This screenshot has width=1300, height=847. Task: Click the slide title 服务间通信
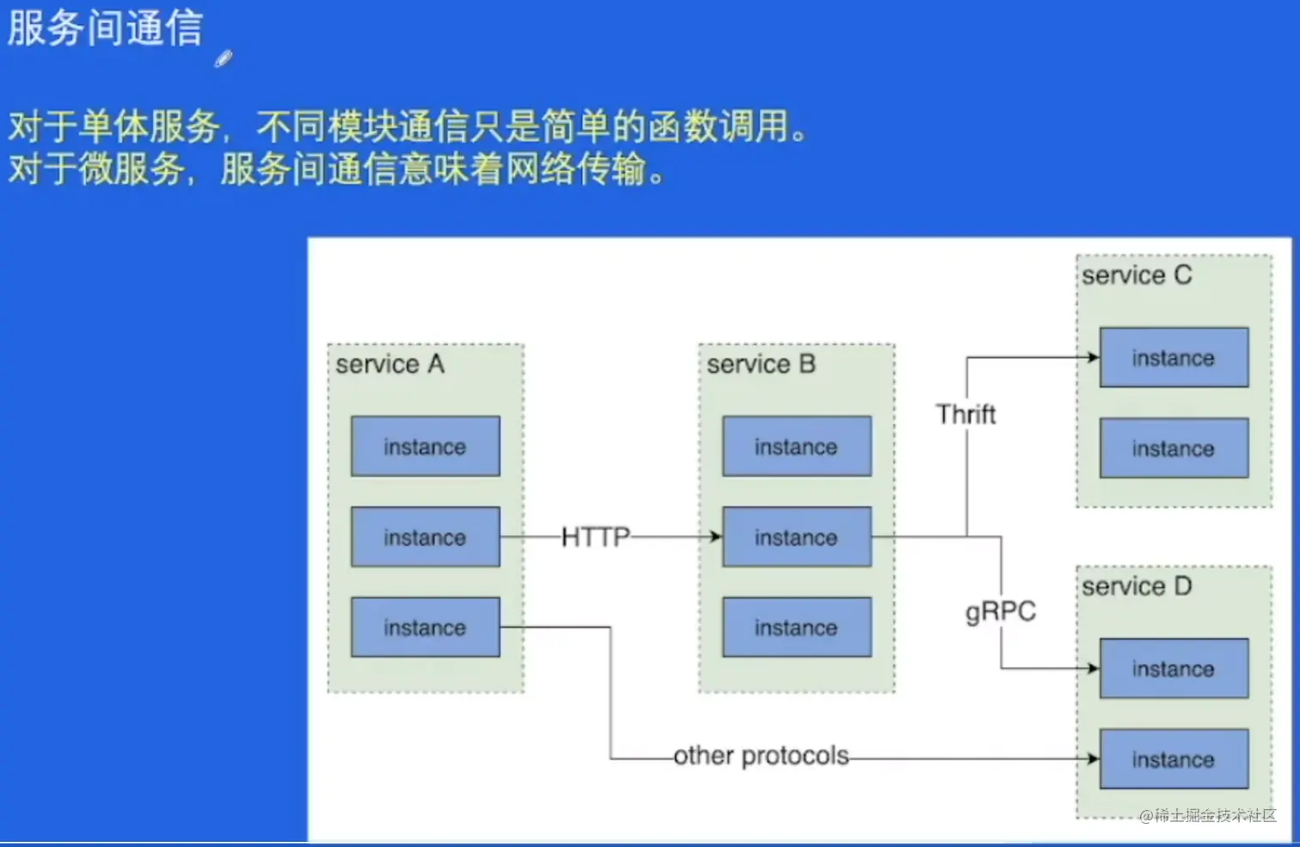pyautogui.click(x=105, y=28)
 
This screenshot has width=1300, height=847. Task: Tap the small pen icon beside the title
pyautogui.click(x=224, y=58)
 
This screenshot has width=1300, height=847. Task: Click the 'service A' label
pyautogui.click(x=389, y=365)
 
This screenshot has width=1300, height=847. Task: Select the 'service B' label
pyautogui.click(x=761, y=365)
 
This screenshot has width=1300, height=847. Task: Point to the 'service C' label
pyautogui.click(x=1137, y=276)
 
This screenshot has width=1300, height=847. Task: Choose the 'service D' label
pyautogui.click(x=1137, y=587)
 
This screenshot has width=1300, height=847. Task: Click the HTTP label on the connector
pyautogui.click(x=595, y=537)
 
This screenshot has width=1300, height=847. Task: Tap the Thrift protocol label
pyautogui.click(x=966, y=414)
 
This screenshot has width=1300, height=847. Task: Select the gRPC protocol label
pyautogui.click(x=1001, y=611)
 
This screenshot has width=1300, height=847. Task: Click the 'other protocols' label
pyautogui.click(x=761, y=756)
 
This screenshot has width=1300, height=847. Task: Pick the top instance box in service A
pyautogui.click(x=425, y=446)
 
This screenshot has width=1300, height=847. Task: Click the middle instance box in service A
pyautogui.click(x=425, y=537)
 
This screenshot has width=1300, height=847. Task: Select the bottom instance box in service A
pyautogui.click(x=425, y=627)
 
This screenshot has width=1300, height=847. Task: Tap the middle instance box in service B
pyautogui.click(x=796, y=537)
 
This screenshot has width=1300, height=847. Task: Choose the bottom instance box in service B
pyautogui.click(x=796, y=627)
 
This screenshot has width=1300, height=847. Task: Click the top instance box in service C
pyautogui.click(x=1174, y=357)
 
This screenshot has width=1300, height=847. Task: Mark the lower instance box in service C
pyautogui.click(x=1174, y=448)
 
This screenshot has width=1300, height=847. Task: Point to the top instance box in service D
pyautogui.click(x=1174, y=668)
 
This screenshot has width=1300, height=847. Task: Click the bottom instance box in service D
pyautogui.click(x=1174, y=759)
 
